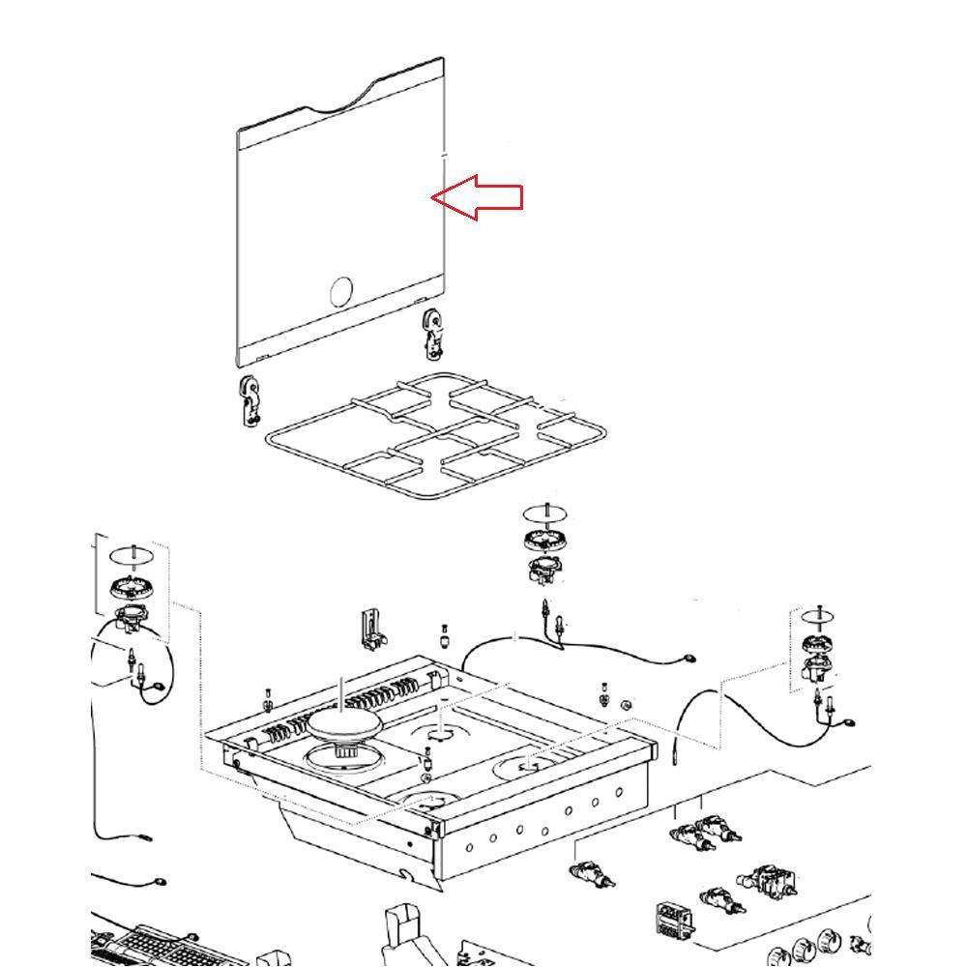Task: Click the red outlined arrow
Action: point(480,197)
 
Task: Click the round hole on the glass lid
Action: point(341,291)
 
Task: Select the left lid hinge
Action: point(250,399)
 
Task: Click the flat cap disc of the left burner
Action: point(128,556)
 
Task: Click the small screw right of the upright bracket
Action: point(443,638)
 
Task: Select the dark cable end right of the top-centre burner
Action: point(688,658)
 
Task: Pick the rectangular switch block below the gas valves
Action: point(673,923)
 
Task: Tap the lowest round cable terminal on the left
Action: point(159,882)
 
